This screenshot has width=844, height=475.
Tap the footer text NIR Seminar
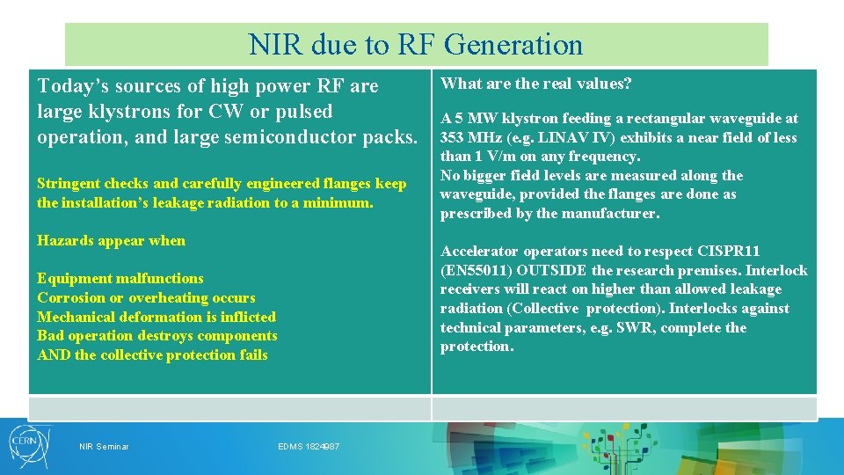pyautogui.click(x=104, y=447)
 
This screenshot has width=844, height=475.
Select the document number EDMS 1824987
pyautogui.click(x=309, y=447)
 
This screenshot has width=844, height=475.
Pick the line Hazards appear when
pyautogui.click(x=111, y=240)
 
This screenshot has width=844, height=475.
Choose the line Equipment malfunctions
pyautogui.click(x=120, y=279)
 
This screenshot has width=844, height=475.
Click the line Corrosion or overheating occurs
pyautogui.click(x=146, y=298)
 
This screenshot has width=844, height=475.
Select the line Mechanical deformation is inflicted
pyautogui.click(x=156, y=317)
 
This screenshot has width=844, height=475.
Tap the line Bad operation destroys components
pyautogui.click(x=156, y=336)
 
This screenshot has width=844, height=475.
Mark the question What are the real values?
pyautogui.click(x=536, y=84)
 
